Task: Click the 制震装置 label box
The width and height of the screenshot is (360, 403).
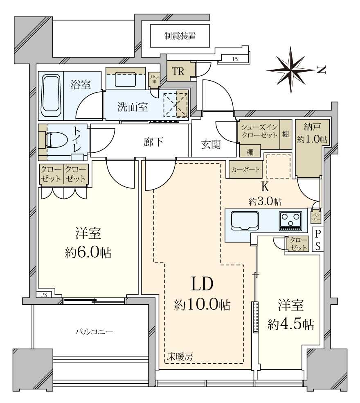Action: point(180,36)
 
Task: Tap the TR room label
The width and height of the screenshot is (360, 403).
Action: point(178,72)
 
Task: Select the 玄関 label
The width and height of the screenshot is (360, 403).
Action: point(211,144)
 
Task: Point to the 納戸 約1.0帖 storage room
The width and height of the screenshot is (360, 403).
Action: point(312,134)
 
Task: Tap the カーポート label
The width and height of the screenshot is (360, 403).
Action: point(245,169)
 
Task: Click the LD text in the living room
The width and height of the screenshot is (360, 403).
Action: point(202,283)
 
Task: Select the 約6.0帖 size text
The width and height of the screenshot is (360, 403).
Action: point(88,252)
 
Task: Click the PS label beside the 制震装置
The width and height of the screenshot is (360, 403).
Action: point(235,59)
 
